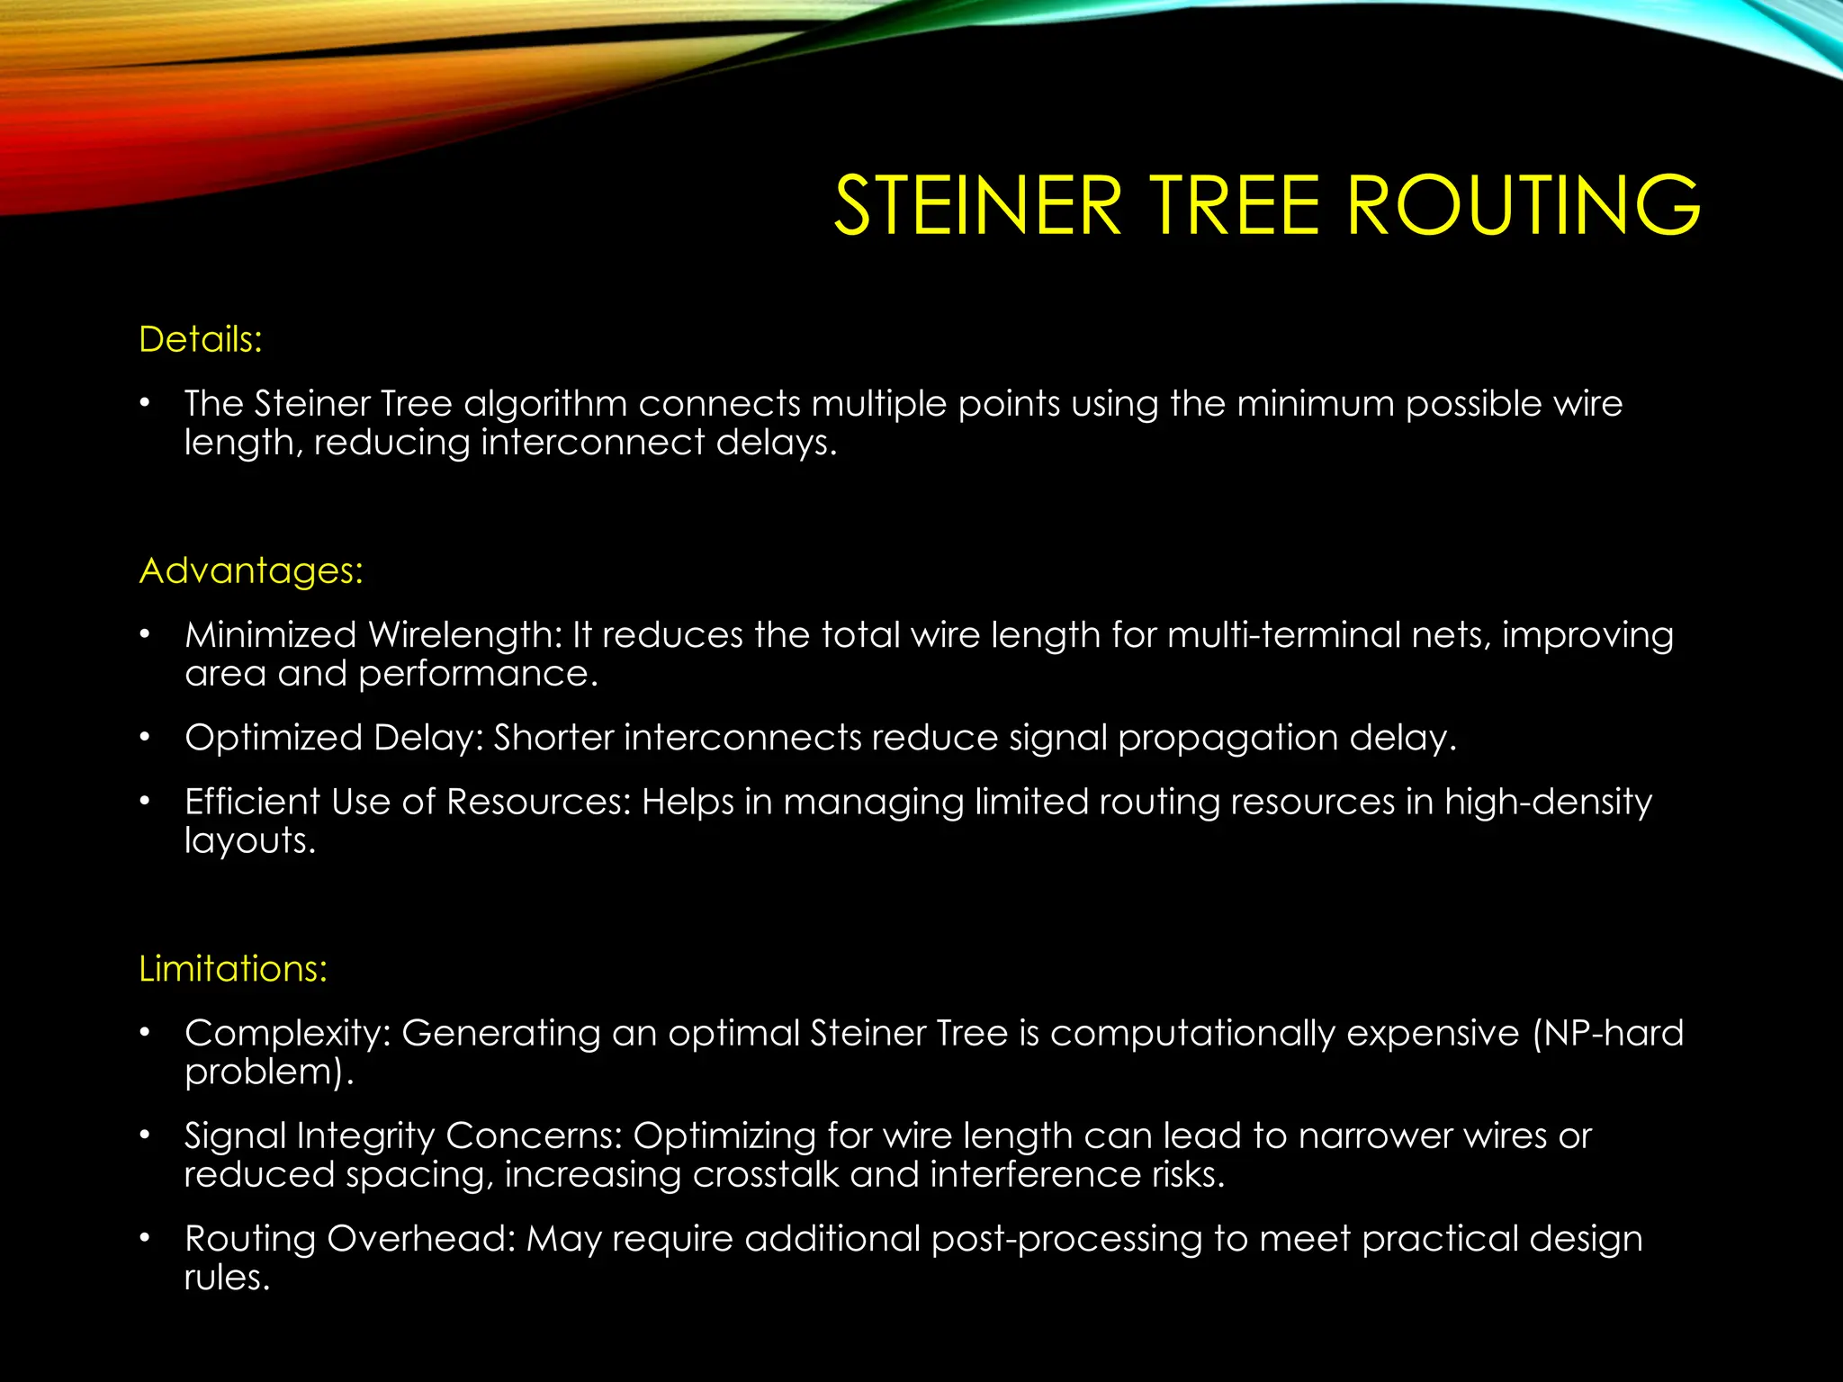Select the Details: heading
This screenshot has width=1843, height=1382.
pos(201,340)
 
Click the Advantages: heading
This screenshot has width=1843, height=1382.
pos(251,571)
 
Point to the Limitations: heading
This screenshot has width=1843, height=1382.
pos(233,969)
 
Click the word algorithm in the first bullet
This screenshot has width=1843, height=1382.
pos(545,404)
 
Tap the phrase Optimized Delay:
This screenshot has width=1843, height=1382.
pos(334,738)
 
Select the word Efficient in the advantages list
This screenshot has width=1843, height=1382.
pos(252,802)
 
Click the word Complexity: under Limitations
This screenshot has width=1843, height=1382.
pos(287,1033)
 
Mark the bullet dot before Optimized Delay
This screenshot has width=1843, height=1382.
pos(145,738)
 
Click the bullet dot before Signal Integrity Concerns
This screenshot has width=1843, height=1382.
pos(145,1135)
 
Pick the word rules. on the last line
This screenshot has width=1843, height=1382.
pos(227,1278)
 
